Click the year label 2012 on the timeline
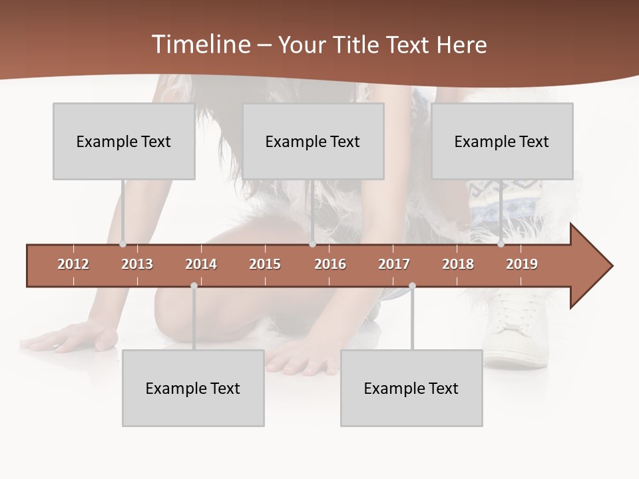pos(73,264)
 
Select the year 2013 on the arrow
pos(137,264)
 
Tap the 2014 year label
pos(201,264)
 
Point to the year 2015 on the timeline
pos(265,264)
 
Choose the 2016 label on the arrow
pos(330,264)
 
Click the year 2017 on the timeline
pos(394,264)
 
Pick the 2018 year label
pos(458,264)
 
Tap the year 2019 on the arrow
pos(522,264)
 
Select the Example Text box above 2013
pos(124,141)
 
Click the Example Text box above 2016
pos(313,141)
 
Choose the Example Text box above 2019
pos(502,141)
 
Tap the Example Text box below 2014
pos(193,388)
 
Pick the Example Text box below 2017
pos(411,388)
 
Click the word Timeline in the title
pos(199,45)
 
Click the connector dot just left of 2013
pos(122,244)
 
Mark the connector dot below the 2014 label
pos(194,286)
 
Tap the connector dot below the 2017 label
pos(412,286)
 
